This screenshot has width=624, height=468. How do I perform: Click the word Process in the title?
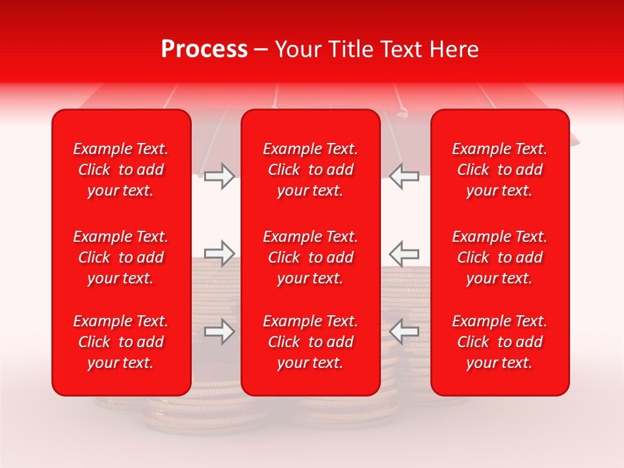click(204, 49)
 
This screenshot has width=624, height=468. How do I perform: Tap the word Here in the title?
click(454, 49)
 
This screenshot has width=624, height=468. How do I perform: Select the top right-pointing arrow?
click(219, 176)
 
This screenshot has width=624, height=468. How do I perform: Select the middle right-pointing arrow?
click(219, 253)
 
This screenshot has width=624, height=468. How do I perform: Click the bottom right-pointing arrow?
click(219, 331)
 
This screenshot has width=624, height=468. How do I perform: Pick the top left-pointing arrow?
click(404, 176)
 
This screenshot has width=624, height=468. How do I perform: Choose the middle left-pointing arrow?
click(404, 253)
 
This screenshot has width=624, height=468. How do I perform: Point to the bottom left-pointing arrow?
click(404, 331)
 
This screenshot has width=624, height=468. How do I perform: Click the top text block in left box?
click(121, 170)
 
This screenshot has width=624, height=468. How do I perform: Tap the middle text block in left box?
click(121, 257)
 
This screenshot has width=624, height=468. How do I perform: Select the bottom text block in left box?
click(121, 342)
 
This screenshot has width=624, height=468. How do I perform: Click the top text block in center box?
click(311, 170)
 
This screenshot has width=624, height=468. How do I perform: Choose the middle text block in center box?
click(311, 257)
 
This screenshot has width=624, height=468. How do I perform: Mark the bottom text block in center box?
click(311, 342)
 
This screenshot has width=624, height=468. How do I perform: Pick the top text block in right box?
click(500, 170)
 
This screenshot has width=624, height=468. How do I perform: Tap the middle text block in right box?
click(500, 257)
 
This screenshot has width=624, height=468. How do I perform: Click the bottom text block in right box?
click(500, 342)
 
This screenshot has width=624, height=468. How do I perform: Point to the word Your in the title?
click(296, 49)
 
